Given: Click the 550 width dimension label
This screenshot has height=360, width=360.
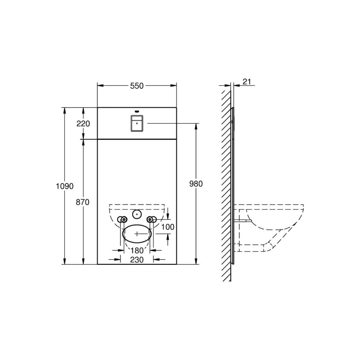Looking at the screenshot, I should coord(137,86).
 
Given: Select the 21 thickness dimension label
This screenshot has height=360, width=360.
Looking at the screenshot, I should coord(247,82).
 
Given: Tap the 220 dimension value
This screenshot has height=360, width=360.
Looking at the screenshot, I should coord(83,123).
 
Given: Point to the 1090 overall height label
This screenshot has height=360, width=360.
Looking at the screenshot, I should coord(65,186).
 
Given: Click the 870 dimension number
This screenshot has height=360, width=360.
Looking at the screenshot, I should coord(83,202).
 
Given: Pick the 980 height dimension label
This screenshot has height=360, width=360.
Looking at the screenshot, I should coord(196,184).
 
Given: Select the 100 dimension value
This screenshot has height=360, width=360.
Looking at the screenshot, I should coord(168,227).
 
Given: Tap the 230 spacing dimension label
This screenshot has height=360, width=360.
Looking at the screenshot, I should coord(137,260).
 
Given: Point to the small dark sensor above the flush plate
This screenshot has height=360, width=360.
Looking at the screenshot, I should coord(137,111).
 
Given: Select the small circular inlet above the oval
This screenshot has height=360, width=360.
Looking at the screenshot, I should coord(137,215).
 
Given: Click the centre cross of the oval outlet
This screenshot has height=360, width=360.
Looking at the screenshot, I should coord(137,233).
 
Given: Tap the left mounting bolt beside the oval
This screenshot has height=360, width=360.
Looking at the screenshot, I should coord(124,219).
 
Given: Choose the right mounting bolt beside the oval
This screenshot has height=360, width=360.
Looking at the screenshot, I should coord(150,219).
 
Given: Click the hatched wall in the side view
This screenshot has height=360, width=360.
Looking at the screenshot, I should coord(226,180).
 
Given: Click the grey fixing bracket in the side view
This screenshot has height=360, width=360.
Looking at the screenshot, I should coord(242,220).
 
